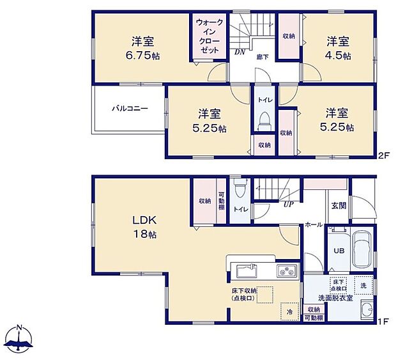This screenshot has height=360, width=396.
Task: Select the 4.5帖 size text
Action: pyautogui.click(x=338, y=56)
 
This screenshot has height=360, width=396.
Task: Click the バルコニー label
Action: pyautogui.click(x=130, y=109)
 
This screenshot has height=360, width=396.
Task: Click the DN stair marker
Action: pyautogui.click(x=240, y=52)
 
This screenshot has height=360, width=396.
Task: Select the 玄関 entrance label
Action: pyautogui.click(x=338, y=206)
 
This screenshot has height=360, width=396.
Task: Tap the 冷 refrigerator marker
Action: pyautogui.click(x=289, y=313)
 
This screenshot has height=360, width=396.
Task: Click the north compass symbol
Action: pyautogui.click(x=19, y=339)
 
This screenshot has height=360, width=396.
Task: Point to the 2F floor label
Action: pyautogui.click(x=383, y=155)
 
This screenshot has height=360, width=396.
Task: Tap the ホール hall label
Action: pyautogui.click(x=314, y=224)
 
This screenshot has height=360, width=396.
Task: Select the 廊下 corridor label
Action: pyautogui.click(x=262, y=57)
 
